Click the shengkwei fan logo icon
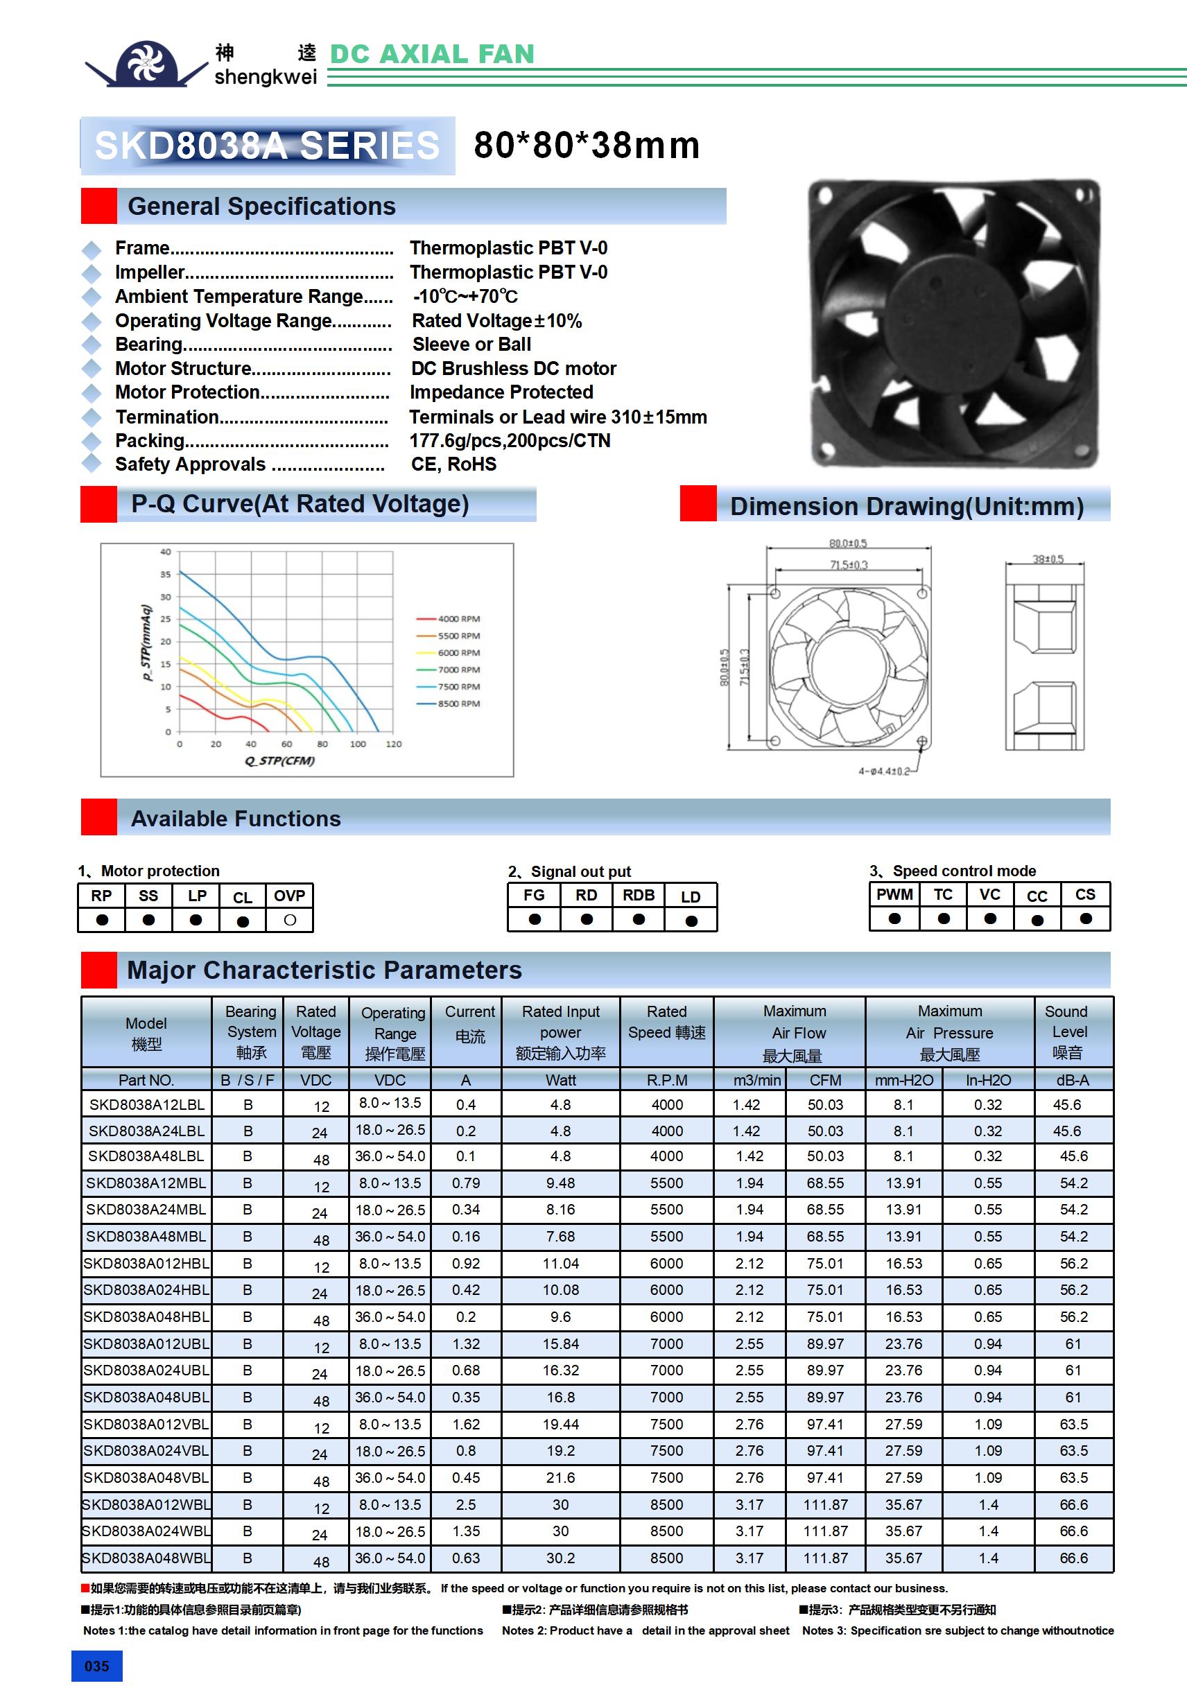pos(146,63)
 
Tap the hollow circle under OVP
pos(290,920)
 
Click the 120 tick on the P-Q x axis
pos(394,743)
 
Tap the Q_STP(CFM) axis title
pos(279,760)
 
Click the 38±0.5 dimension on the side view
pos(1047,558)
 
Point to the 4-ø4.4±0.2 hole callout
pos(884,771)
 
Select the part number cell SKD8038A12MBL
pos(146,1182)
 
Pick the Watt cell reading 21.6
pos(560,1477)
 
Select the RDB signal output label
pos(639,895)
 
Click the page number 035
pos(96,1665)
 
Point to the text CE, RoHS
pos(453,464)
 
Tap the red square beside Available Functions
pos(98,817)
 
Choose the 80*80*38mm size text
pos(587,145)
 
